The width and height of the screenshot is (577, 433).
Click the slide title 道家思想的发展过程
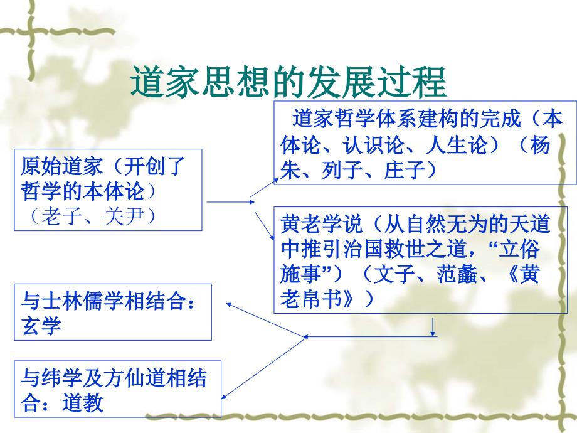coord(288,82)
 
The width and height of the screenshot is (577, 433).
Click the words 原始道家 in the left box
coord(61,166)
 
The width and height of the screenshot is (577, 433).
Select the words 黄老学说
coord(321,224)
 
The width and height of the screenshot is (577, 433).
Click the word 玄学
coord(41,326)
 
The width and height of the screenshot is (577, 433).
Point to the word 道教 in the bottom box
coord(83,402)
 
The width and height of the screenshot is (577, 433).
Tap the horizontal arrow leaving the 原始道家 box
coord(231,202)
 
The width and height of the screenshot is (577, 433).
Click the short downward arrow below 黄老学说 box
coord(433,327)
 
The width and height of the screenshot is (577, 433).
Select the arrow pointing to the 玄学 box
coord(266,320)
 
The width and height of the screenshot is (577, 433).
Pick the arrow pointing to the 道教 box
coord(264,368)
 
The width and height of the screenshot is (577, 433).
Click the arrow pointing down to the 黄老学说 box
coord(265,226)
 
